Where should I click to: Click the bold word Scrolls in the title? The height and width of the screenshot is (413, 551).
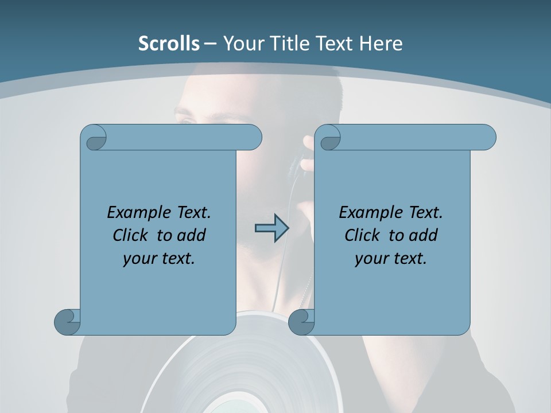point(169,44)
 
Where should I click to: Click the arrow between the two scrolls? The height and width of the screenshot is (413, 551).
point(271,228)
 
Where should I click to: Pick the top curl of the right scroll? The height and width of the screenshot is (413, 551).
point(330,138)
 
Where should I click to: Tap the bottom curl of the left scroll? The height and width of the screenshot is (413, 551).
point(67,322)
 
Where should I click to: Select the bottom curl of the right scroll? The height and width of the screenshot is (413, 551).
point(301,322)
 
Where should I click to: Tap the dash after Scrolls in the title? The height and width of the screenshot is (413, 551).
point(210,44)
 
